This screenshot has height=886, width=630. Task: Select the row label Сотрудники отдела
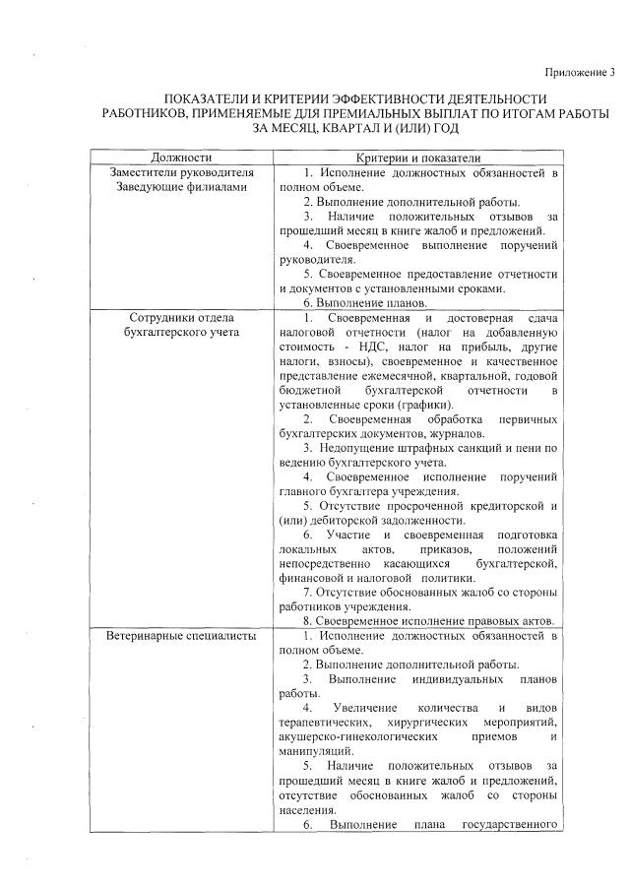184,319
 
